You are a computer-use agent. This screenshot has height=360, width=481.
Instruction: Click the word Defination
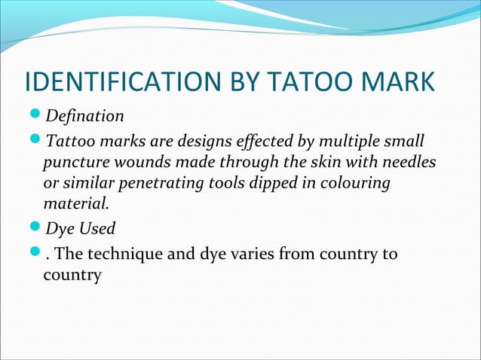[x=84, y=117]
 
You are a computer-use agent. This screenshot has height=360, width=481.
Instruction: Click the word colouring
[x=357, y=183]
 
